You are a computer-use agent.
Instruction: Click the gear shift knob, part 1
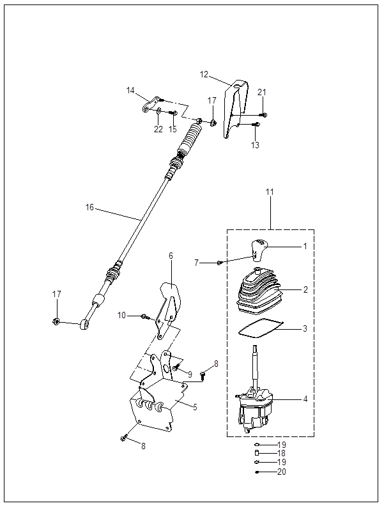(x=259, y=250)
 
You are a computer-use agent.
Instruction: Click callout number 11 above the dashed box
(x=270, y=191)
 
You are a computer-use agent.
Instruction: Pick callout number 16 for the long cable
(x=89, y=207)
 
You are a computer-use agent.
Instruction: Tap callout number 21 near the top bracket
(x=261, y=93)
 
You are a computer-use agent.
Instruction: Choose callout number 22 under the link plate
(x=158, y=129)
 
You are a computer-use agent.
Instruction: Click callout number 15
(x=173, y=129)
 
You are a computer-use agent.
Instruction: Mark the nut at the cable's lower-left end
(x=56, y=321)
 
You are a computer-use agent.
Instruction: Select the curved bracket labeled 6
(x=169, y=300)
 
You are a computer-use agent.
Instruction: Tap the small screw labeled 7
(x=219, y=262)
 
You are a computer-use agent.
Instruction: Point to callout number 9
(x=189, y=374)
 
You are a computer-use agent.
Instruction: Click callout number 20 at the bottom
(x=282, y=472)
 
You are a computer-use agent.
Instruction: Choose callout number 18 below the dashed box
(x=282, y=453)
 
